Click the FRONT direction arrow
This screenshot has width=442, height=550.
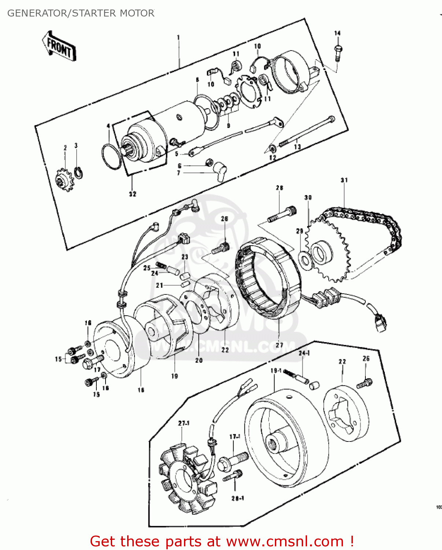[x=59, y=47]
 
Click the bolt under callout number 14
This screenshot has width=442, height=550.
[x=338, y=52]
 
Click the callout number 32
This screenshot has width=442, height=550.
[x=132, y=194]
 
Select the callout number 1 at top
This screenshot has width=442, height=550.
[x=178, y=37]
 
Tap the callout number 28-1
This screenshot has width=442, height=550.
[x=237, y=498]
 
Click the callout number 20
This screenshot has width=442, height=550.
[x=199, y=360]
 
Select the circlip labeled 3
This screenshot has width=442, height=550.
[x=79, y=173]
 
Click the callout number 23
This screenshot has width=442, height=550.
[x=185, y=257]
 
